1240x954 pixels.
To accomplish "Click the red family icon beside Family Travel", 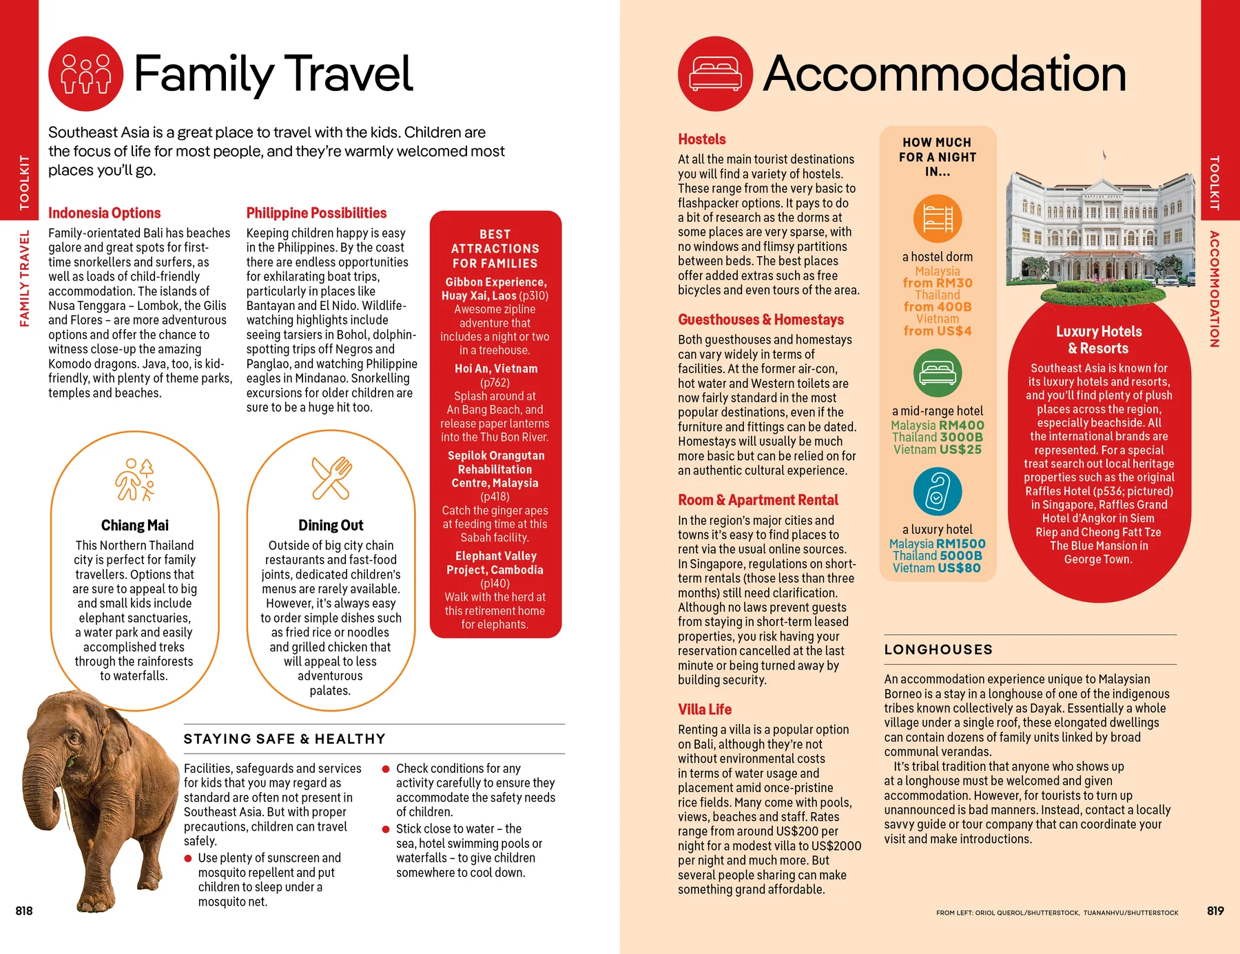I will (x=86, y=74).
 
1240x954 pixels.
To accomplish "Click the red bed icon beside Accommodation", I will (x=715, y=74).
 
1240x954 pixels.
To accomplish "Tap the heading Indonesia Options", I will (x=104, y=213).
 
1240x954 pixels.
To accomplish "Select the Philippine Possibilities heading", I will (x=316, y=213).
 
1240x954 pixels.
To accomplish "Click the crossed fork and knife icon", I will (x=331, y=477).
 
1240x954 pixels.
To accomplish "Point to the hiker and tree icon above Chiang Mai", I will (x=135, y=479).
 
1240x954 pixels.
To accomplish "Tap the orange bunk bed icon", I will (x=937, y=218).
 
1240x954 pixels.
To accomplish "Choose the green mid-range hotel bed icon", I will (x=937, y=373).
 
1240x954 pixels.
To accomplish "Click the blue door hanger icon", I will (x=937, y=491).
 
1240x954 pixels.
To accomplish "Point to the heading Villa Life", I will (x=705, y=709).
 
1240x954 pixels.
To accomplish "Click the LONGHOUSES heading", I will (x=938, y=650).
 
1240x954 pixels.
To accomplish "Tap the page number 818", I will (x=24, y=911).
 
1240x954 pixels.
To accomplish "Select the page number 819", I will (x=1215, y=911).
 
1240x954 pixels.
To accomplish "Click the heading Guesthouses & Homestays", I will (x=761, y=320).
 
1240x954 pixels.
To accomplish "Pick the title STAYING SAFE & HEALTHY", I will (x=285, y=739).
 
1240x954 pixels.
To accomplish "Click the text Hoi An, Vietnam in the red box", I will (x=496, y=369).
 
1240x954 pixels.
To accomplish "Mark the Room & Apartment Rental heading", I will (x=758, y=500).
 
